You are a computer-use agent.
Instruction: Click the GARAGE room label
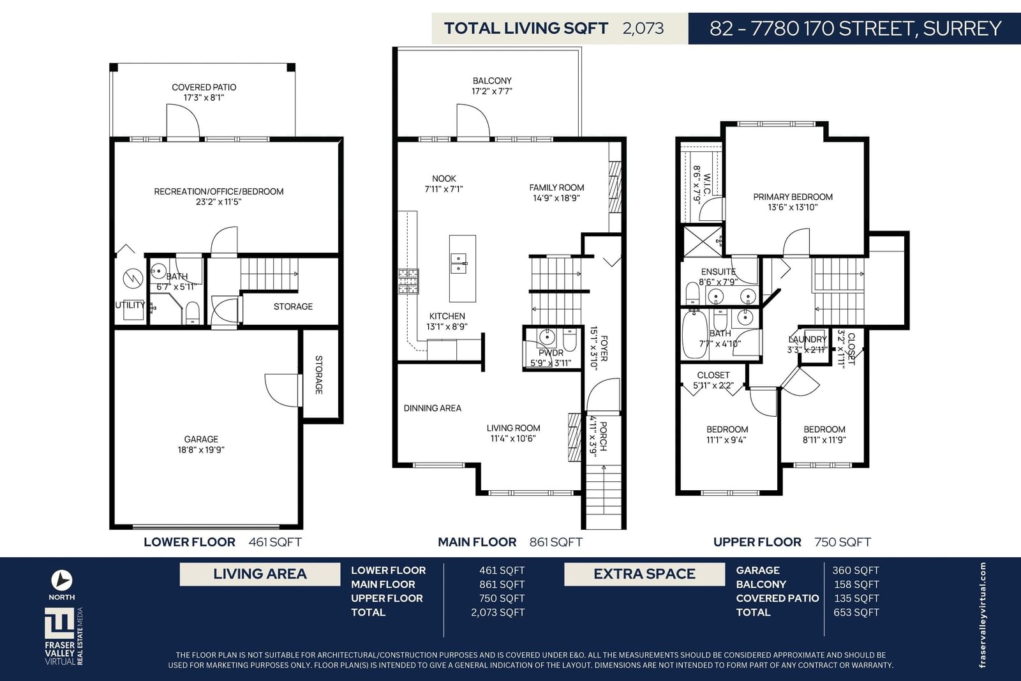pyautogui.click(x=201, y=439)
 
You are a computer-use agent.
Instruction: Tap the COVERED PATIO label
pyautogui.click(x=204, y=87)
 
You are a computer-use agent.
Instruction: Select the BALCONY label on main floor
pyautogui.click(x=492, y=80)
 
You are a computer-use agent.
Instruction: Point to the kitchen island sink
pyautogui.click(x=459, y=264)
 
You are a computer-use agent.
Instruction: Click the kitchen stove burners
pyautogui.click(x=408, y=281)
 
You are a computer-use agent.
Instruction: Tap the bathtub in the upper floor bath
pyautogui.click(x=694, y=334)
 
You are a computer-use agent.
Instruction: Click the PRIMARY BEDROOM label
pyautogui.click(x=793, y=197)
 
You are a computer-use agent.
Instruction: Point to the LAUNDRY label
pyautogui.click(x=807, y=340)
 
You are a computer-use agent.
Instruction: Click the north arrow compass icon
pyautogui.click(x=61, y=580)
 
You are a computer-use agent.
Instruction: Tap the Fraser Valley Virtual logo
pyautogui.click(x=64, y=636)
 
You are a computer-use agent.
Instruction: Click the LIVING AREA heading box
pyautogui.click(x=260, y=574)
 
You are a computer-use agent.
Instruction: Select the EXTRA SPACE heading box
pyautogui.click(x=645, y=574)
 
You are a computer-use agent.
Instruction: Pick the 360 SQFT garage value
pyautogui.click(x=856, y=570)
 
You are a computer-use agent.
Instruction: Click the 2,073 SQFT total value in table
pyautogui.click(x=498, y=612)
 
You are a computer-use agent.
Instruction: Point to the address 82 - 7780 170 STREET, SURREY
pyautogui.click(x=855, y=28)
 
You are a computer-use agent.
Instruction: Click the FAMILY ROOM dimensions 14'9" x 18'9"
pyautogui.click(x=556, y=198)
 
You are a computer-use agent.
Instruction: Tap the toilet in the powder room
pyautogui.click(x=570, y=340)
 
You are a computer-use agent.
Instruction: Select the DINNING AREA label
pyautogui.click(x=432, y=408)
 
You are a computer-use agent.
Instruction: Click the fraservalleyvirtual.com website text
pyautogui.click(x=982, y=615)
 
